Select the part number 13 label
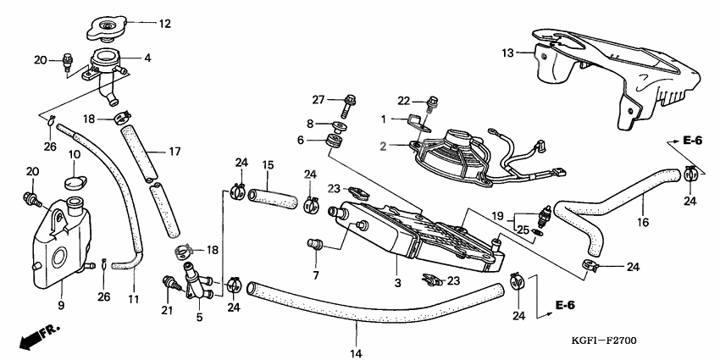coord(507,53)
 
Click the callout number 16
coord(643,222)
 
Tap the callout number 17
coord(174,152)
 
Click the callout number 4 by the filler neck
coord(147,58)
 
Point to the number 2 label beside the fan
coord(383,147)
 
